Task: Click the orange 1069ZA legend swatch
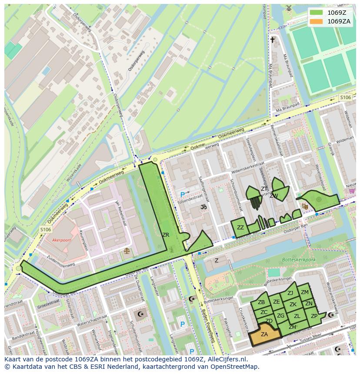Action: pos(317,21)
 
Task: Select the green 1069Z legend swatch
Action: pos(317,12)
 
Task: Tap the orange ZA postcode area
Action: pos(264,334)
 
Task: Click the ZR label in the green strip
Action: pos(166,235)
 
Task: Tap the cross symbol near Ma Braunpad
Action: pos(273,40)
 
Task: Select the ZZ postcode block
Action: pos(240,228)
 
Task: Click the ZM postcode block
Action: pos(305,292)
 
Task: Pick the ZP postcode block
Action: pos(314,316)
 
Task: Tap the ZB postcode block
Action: pos(261,302)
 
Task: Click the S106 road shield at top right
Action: pos(345,98)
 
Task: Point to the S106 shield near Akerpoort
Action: pos(45,229)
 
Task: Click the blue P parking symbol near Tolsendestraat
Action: pos(183,195)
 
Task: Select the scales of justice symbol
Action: pos(127,251)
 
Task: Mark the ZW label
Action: pos(274,196)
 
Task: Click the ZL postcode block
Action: pos(297,316)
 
